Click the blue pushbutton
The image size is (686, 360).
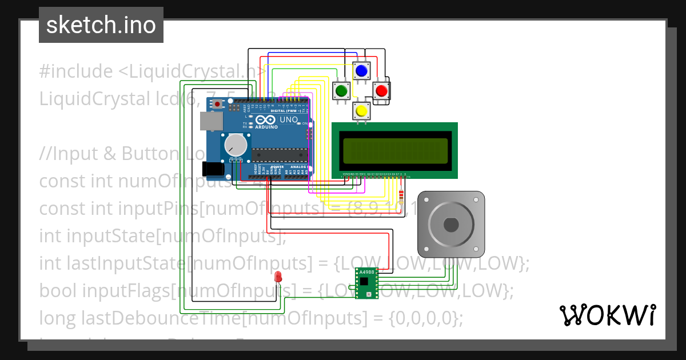coord(361,71)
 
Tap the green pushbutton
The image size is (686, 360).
coord(342,90)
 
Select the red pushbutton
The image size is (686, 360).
coord(381,90)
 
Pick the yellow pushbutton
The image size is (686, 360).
coord(361,110)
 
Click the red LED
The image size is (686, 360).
coord(278,277)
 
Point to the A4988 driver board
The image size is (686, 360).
coord(366,283)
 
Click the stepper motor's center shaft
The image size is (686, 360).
coord(451,224)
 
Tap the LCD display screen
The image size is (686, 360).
coord(394,150)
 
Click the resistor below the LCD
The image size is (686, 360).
coord(401,196)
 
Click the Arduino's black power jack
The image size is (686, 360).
coord(212,169)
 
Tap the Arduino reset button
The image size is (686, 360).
coord(218,104)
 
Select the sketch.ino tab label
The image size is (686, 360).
coord(101,25)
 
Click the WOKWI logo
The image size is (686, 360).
coord(607,315)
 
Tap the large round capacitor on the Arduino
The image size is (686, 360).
coord(235,145)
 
